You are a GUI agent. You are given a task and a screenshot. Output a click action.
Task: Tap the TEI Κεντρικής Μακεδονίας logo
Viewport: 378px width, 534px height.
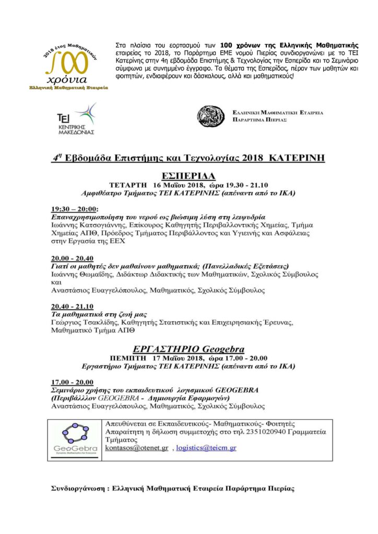pyautogui.click(x=78, y=119)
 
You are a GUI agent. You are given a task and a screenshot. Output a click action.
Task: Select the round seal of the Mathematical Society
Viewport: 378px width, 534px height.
pyautogui.click(x=211, y=116)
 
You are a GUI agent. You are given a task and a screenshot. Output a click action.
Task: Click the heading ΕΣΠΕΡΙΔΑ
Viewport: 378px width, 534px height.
pyautogui.click(x=189, y=175)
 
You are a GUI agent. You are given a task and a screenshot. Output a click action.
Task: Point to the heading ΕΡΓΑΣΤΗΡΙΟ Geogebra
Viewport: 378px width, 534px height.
pyautogui.click(x=188, y=349)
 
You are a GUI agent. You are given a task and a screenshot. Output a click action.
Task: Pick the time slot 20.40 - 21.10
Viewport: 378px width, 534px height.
pyautogui.click(x=72, y=307)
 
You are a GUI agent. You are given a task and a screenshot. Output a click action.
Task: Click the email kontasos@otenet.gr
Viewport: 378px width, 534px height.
pyautogui.click(x=137, y=448)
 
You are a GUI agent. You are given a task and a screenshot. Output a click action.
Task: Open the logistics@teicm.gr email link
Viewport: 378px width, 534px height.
pyautogui.click(x=206, y=448)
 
